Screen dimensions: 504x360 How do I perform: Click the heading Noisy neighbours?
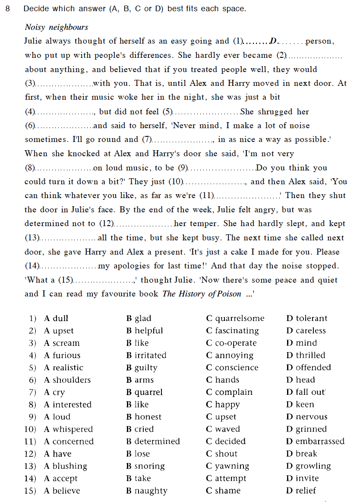point(57,27)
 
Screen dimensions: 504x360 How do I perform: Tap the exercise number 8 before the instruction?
point(8,9)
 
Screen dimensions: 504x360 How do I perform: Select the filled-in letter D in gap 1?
point(273,41)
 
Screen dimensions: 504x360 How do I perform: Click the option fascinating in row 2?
point(237,331)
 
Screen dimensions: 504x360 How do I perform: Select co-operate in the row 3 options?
point(236,343)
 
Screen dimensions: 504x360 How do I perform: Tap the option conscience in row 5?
point(237,368)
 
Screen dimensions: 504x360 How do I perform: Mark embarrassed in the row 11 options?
point(320,441)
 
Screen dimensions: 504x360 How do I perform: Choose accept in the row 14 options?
point(65,479)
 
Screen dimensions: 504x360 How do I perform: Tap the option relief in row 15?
point(306,491)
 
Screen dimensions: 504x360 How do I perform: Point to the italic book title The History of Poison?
point(202,294)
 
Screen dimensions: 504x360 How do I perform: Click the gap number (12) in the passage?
point(106,224)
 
